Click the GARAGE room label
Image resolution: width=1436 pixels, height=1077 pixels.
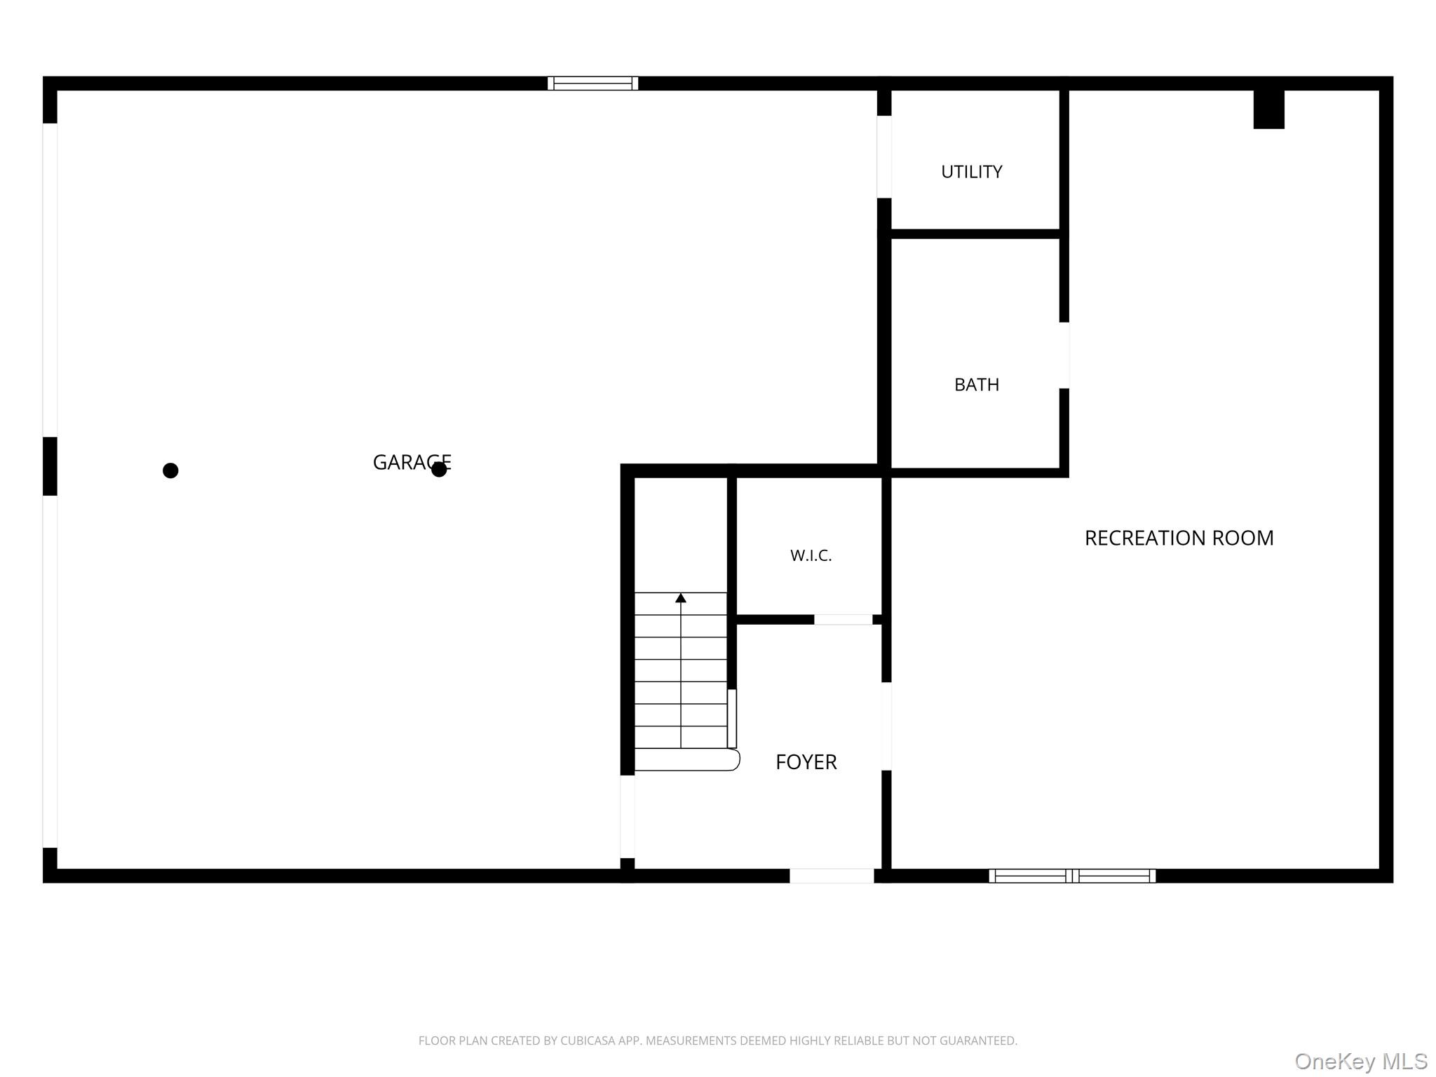coord(412,462)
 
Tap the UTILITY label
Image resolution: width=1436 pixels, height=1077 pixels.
coord(971,172)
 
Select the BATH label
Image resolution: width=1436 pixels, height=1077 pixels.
coord(977,384)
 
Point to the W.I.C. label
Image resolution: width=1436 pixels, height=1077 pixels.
coord(811,555)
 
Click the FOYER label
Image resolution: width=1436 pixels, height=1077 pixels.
coord(806,762)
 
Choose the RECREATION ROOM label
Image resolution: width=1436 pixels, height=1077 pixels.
coord(1179,538)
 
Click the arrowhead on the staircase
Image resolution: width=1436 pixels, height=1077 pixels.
coord(681,598)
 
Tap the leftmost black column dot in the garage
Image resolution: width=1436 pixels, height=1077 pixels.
coord(170,470)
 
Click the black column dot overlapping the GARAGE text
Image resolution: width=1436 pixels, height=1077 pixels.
coord(439,469)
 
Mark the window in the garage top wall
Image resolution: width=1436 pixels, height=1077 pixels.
coord(592,83)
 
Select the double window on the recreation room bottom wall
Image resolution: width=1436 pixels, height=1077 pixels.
coord(1072,876)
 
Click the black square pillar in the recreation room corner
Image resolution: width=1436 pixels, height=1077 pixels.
coord(1269,109)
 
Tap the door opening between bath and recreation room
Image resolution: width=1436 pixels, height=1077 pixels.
coord(1064,355)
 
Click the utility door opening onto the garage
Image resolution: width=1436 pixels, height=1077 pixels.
coord(884,156)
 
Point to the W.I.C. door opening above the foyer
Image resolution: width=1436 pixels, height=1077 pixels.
coord(843,620)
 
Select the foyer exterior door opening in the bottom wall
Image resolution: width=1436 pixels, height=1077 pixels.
coord(832,876)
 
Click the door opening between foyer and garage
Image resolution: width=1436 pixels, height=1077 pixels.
coord(628,816)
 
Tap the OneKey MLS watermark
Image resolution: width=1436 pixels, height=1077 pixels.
coord(1361,1062)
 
